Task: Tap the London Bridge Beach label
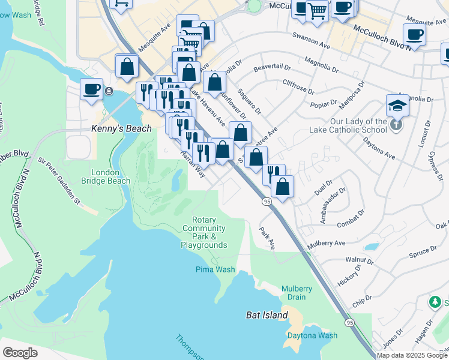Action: [110, 176]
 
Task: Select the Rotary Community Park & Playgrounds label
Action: [204, 233]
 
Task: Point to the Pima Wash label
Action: [215, 269]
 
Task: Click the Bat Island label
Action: [263, 315]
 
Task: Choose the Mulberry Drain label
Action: [297, 293]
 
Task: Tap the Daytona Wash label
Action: [312, 335]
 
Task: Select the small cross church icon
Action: [395, 125]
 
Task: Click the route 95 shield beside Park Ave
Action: [266, 202]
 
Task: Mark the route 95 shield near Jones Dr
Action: [349, 322]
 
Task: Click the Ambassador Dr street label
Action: [333, 206]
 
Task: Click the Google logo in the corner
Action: [20, 353]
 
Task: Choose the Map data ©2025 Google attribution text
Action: [412, 355]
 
